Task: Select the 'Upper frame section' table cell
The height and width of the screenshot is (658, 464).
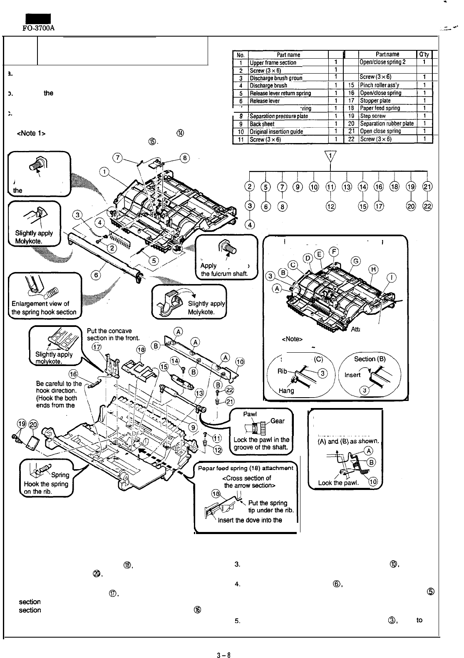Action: (x=273, y=63)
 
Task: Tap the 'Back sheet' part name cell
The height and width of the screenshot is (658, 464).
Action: (x=262, y=124)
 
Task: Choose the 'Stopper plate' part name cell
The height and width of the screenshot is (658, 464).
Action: (x=373, y=101)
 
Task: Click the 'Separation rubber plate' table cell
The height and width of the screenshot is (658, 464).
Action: (x=387, y=124)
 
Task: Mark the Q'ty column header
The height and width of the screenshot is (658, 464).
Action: (x=424, y=54)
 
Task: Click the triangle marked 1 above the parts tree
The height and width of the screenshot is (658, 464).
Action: (x=331, y=156)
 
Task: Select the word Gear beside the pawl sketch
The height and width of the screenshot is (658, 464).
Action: (x=278, y=421)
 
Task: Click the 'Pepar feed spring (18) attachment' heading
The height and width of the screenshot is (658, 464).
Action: (x=246, y=468)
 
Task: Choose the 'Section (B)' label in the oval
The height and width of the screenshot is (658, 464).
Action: (x=370, y=359)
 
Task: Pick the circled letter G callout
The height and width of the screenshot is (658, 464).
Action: (x=356, y=261)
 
